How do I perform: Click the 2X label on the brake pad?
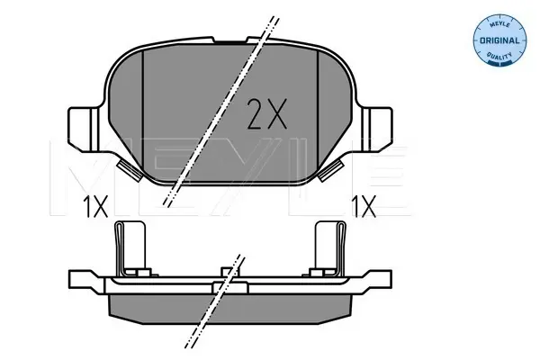click(267, 114)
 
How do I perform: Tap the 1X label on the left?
click(96, 207)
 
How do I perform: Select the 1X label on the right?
click(364, 206)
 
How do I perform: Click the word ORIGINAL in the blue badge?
click(499, 40)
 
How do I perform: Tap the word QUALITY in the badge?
click(499, 56)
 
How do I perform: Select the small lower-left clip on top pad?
click(130, 170)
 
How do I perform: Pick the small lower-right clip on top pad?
click(331, 170)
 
